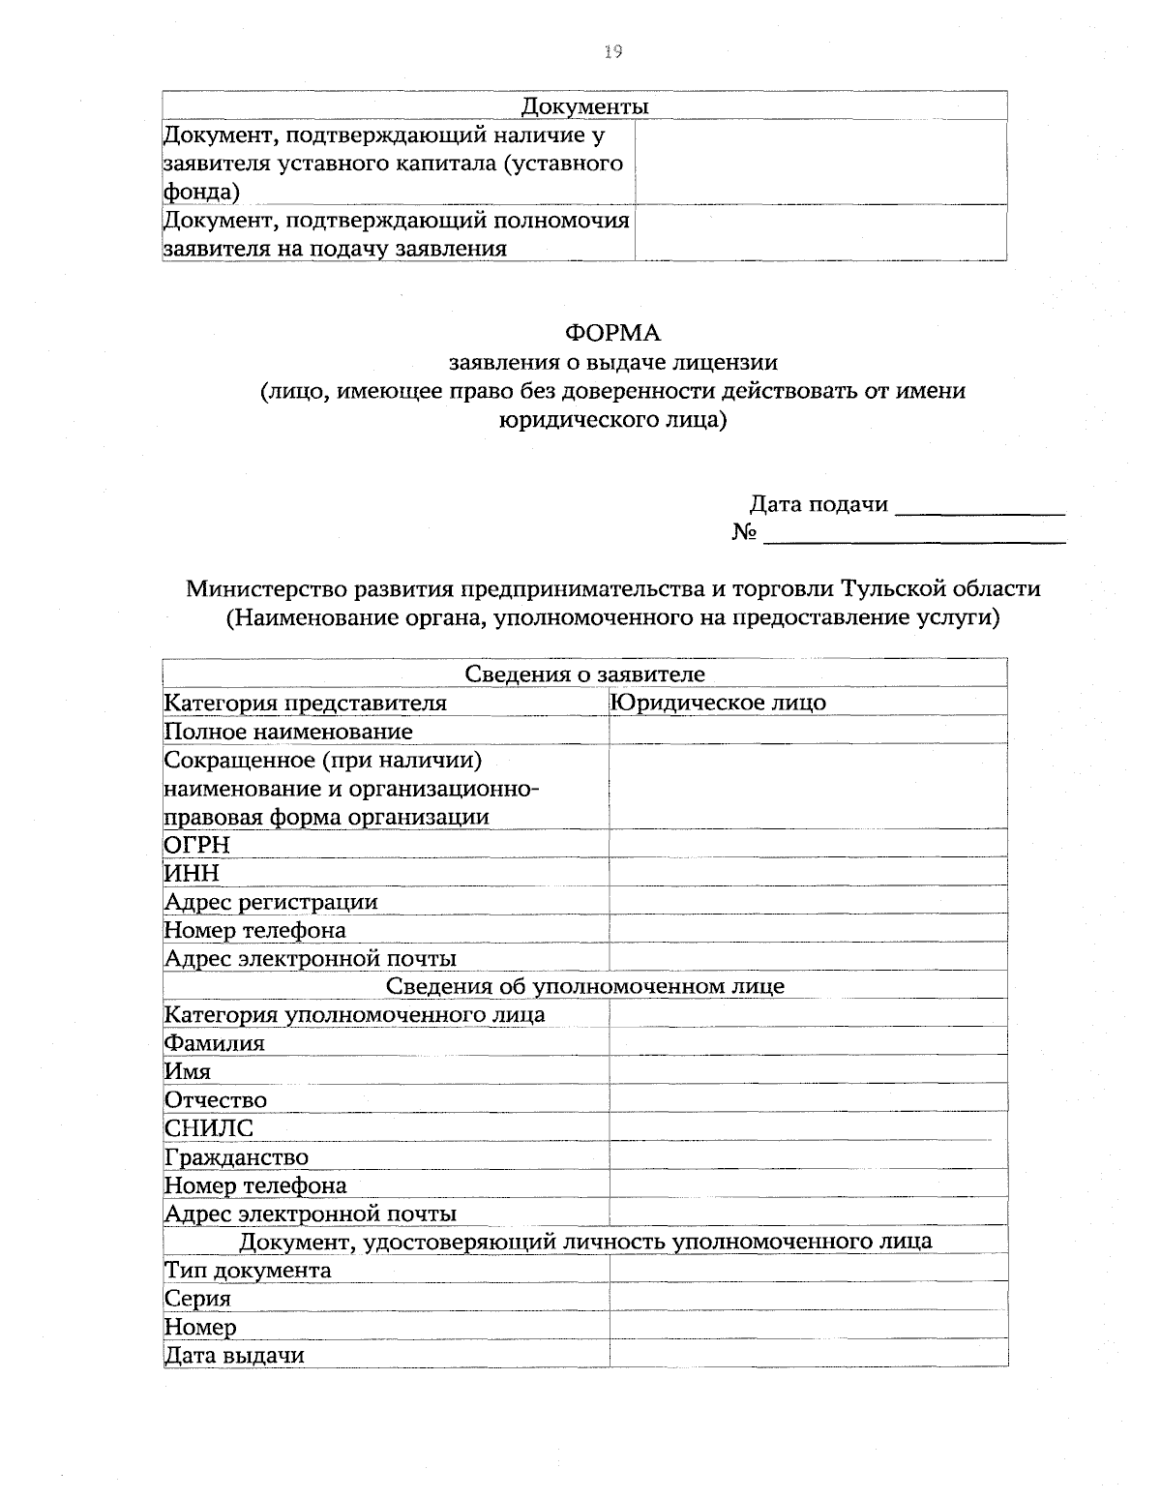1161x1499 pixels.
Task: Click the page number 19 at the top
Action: point(610,52)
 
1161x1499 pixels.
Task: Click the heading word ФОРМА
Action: point(612,334)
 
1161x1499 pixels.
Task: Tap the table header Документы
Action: point(584,105)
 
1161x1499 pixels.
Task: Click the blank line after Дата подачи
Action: point(980,506)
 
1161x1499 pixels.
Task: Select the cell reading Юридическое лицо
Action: point(719,703)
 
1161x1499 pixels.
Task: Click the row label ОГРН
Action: point(197,845)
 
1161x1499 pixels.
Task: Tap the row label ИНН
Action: point(192,873)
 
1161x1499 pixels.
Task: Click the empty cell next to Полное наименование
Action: point(807,732)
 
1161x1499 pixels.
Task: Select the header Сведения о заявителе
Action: point(584,675)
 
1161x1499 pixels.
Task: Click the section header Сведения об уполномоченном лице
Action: point(584,986)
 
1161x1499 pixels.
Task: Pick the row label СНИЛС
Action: point(209,1128)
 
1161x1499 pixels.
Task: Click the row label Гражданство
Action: point(236,1157)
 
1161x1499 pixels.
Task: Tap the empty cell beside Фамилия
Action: point(807,1043)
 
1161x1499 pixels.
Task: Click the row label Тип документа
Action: point(248,1271)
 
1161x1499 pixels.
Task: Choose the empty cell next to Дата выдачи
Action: point(807,1355)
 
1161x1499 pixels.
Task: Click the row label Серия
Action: point(197,1299)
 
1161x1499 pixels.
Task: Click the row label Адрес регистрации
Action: point(271,902)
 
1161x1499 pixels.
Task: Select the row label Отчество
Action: point(215,1100)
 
